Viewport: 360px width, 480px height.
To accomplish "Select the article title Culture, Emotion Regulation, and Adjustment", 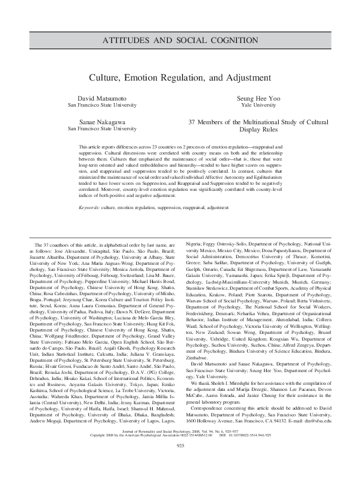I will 179,78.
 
